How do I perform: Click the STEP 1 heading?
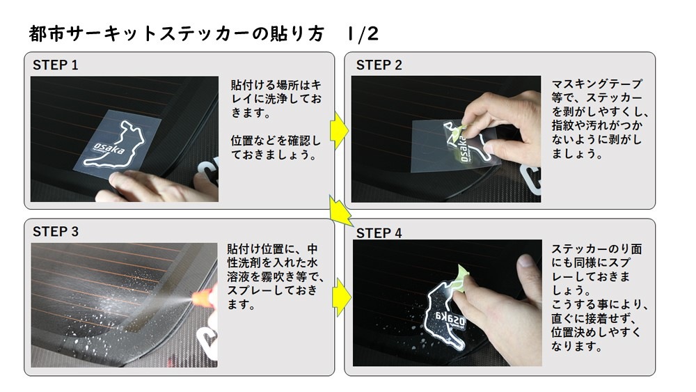pyautogui.click(x=55, y=65)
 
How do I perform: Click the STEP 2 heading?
pyautogui.click(x=379, y=65)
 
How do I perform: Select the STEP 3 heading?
pyautogui.click(x=56, y=232)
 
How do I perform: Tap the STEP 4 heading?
pyautogui.click(x=379, y=233)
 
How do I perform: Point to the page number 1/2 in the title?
pyautogui.click(x=363, y=33)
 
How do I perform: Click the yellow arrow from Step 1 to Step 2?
pyautogui.click(x=340, y=131)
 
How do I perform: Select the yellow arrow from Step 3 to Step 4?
pyautogui.click(x=341, y=297)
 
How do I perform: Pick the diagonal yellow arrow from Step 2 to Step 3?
pyautogui.click(x=340, y=211)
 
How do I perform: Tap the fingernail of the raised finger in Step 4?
pyautogui.click(x=525, y=260)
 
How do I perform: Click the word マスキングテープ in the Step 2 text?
pyautogui.click(x=596, y=84)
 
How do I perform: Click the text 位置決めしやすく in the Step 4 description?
pyautogui.click(x=596, y=332)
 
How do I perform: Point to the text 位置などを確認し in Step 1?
pyautogui.click(x=275, y=141)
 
